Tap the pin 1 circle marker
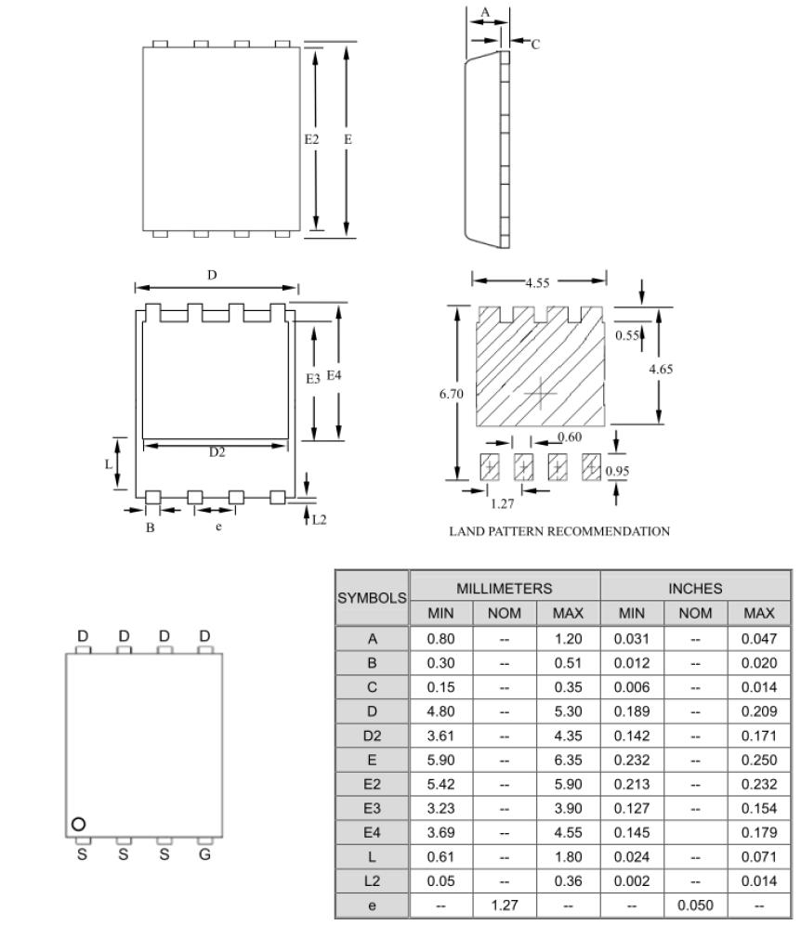(x=79, y=824)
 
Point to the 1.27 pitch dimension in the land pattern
(x=503, y=504)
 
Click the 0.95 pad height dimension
(x=617, y=471)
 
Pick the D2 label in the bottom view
(x=216, y=452)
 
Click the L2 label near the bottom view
(x=319, y=518)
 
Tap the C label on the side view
(x=534, y=44)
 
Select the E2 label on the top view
(x=311, y=138)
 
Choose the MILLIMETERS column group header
(x=505, y=588)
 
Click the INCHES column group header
(x=696, y=588)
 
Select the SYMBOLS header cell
(x=371, y=598)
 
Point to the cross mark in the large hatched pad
(x=540, y=394)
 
